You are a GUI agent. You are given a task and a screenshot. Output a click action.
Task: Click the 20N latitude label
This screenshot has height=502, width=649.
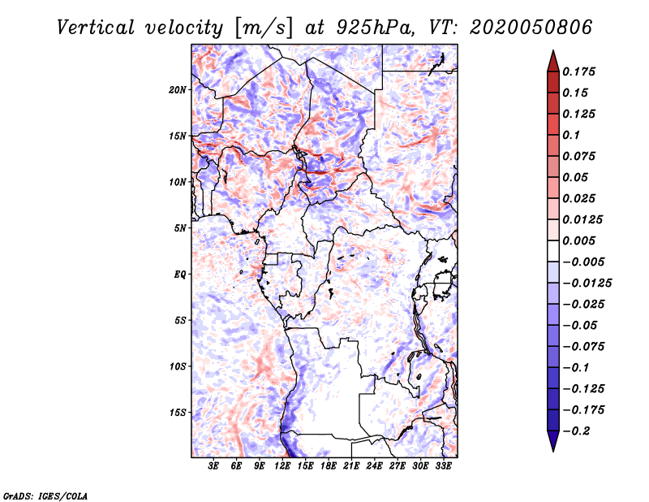click(x=178, y=89)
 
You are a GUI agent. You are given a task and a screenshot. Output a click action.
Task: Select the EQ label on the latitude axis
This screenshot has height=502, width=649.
click(x=180, y=274)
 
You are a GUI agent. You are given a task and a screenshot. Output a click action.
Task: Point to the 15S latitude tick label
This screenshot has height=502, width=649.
click(x=178, y=413)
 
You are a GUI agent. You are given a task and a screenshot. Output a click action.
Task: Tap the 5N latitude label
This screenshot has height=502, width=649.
click(x=180, y=228)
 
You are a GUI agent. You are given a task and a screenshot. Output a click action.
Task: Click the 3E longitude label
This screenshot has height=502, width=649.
click(x=213, y=466)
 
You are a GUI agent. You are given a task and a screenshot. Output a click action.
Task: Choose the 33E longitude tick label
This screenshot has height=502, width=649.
click(x=443, y=466)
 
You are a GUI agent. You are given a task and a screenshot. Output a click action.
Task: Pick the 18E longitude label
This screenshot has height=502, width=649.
click(x=329, y=466)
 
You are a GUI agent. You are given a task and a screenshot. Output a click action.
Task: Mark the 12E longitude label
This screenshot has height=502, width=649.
click(x=282, y=466)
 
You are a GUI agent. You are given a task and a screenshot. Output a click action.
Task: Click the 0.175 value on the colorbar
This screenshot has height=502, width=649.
click(x=579, y=71)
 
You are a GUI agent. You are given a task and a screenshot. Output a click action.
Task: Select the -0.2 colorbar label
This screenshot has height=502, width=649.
click(x=576, y=431)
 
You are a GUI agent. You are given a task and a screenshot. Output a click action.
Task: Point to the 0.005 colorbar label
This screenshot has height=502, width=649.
click(x=579, y=240)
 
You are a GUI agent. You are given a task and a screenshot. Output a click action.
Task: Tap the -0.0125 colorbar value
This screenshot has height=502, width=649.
click(x=587, y=283)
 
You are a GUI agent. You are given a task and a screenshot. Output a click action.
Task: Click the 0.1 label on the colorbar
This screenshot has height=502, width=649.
click(x=571, y=135)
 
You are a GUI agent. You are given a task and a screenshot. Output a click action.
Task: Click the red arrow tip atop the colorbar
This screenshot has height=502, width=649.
click(x=553, y=50)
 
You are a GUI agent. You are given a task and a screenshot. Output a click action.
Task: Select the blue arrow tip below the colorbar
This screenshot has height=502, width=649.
click(x=553, y=450)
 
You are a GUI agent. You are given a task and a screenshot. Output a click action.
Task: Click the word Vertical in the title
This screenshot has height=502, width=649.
click(x=96, y=28)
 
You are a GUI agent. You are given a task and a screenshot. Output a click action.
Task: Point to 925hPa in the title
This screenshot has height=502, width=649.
click(x=376, y=28)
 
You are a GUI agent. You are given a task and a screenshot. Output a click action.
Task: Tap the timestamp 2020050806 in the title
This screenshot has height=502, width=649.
click(x=531, y=28)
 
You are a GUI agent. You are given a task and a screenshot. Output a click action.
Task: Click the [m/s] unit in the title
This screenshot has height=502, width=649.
click(x=264, y=28)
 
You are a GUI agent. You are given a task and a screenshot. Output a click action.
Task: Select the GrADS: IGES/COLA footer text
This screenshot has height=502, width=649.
click(x=45, y=496)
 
